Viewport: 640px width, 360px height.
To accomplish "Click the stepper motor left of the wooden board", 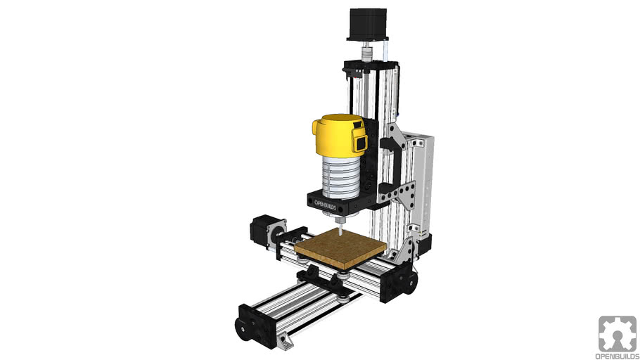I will [264, 231].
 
